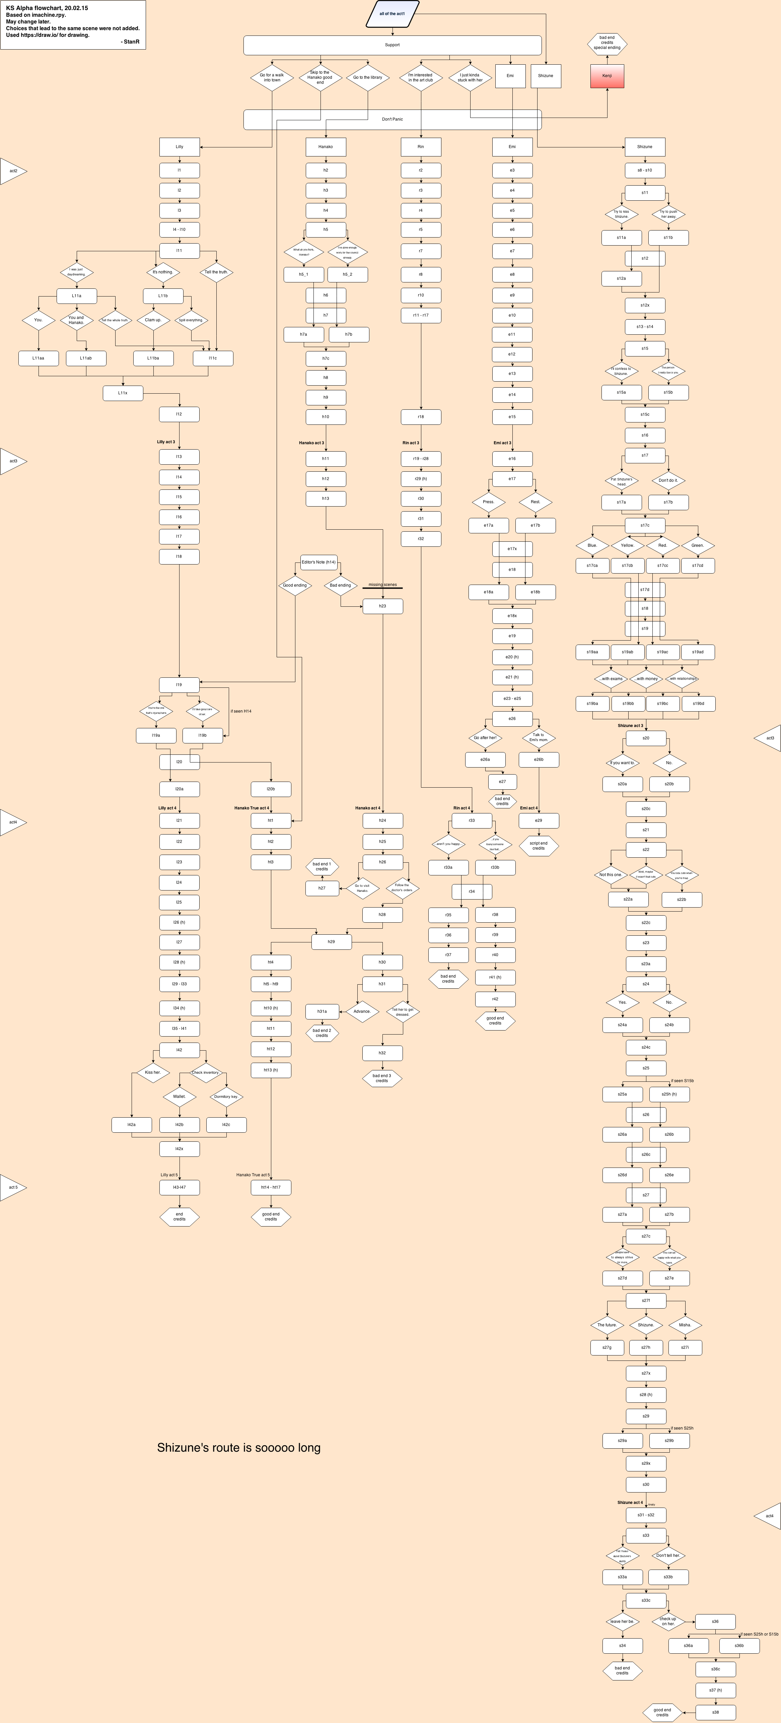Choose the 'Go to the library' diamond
368,78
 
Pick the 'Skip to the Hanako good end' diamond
320,78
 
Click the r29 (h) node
421,479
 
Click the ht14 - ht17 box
271,1187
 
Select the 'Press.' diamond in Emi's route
489,502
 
